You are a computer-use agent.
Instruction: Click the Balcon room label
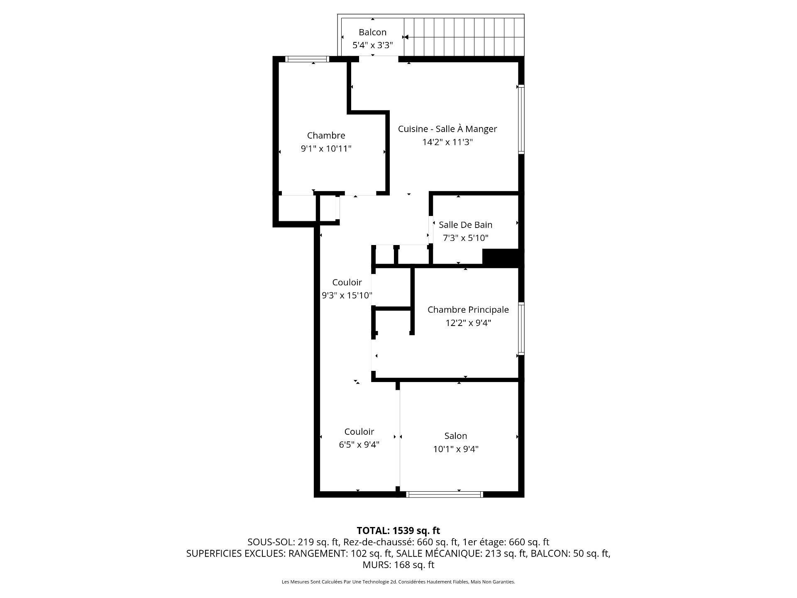[x=372, y=32]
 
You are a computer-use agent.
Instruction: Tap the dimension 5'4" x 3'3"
[x=372, y=45]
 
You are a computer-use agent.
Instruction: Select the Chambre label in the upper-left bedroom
[x=326, y=135]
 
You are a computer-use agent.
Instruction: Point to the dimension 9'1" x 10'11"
[x=326, y=149]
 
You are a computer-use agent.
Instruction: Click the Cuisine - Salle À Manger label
[x=447, y=129]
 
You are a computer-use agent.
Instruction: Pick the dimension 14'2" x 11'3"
[x=447, y=142]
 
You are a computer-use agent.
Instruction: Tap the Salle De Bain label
[x=465, y=225]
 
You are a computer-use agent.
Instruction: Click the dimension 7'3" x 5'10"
[x=465, y=238]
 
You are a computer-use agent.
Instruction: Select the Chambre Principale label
[x=468, y=310]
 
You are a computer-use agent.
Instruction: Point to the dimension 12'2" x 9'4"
[x=468, y=323]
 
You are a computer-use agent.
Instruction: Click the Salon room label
[x=455, y=436]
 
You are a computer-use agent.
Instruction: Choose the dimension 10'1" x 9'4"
[x=455, y=449]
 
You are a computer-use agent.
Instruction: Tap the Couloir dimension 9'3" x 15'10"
[x=347, y=296]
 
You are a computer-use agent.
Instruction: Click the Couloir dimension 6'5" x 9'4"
[x=359, y=445]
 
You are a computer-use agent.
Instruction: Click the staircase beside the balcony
[x=464, y=36]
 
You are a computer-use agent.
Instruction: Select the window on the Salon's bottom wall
[x=445, y=494]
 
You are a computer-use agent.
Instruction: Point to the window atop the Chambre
[x=307, y=59]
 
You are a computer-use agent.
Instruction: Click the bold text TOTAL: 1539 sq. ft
[x=398, y=531]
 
